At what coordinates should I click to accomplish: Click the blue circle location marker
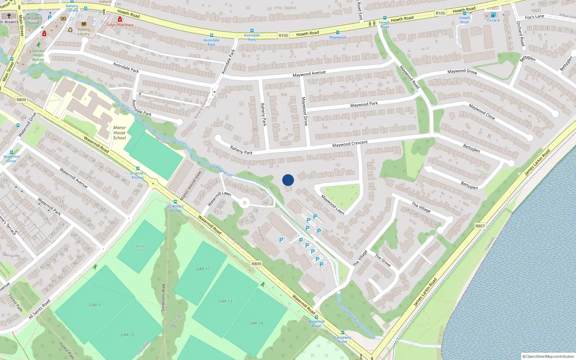pyautogui.click(x=288, y=180)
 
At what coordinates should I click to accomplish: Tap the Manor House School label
pyautogui.click(x=120, y=132)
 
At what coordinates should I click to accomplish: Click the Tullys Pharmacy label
pyautogui.click(x=120, y=25)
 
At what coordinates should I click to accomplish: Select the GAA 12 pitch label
pyautogui.click(x=203, y=269)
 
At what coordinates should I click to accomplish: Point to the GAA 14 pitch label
pyautogui.click(x=256, y=323)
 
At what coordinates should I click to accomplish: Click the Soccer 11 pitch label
pyautogui.click(x=140, y=248)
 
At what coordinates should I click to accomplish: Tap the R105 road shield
pyautogui.click(x=283, y=35)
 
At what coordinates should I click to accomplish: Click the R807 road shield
pyautogui.click(x=480, y=226)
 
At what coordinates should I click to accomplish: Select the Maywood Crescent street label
pyautogui.click(x=350, y=144)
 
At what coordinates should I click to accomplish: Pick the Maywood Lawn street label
pyautogui.click(x=333, y=205)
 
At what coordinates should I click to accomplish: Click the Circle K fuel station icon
pyautogui.click(x=493, y=15)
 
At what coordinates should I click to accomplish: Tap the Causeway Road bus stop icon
pyautogui.click(x=342, y=333)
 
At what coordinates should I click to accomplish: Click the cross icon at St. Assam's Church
pyautogui.click(x=9, y=16)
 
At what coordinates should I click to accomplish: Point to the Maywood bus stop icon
pyautogui.click(x=337, y=32)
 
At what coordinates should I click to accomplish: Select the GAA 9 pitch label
pyautogui.click(x=95, y=305)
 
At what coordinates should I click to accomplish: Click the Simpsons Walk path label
pyautogui.click(x=163, y=297)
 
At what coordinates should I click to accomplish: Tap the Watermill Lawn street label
pyautogui.click(x=219, y=199)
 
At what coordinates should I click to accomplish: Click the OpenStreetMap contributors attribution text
pyautogui.click(x=548, y=356)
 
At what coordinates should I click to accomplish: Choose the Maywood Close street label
pyautogui.click(x=482, y=112)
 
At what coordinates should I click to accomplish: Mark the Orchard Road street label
pyautogui.click(x=521, y=33)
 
